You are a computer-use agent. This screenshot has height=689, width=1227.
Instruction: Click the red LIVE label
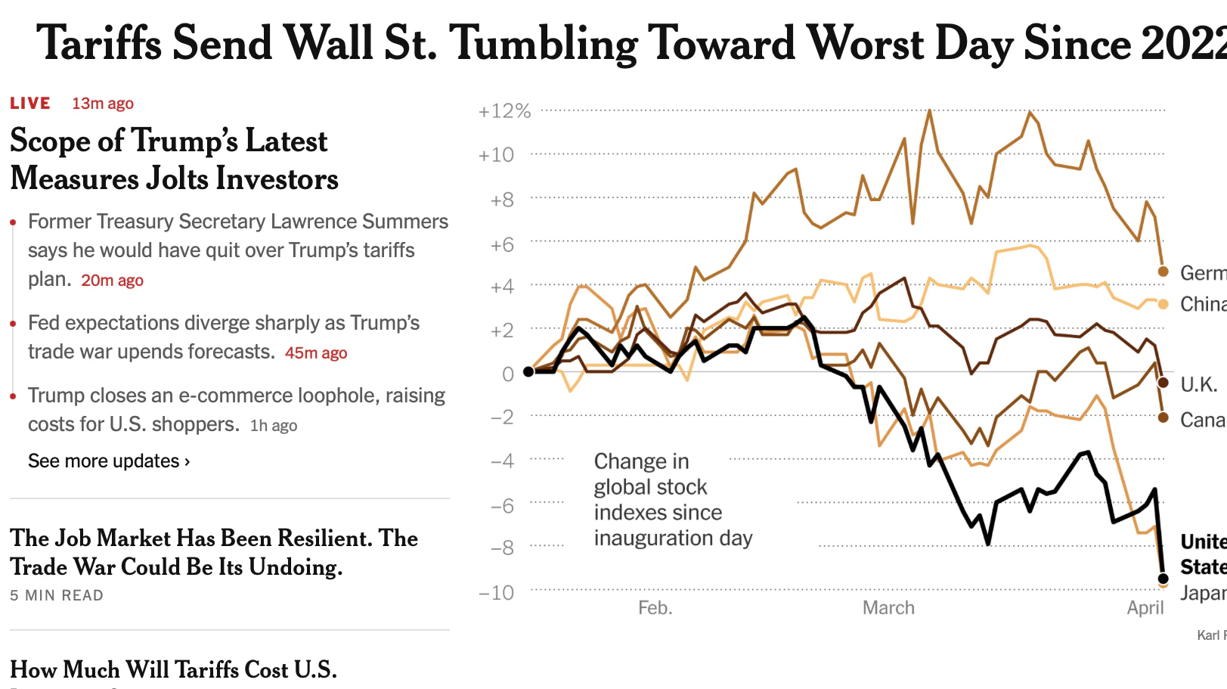coord(30,104)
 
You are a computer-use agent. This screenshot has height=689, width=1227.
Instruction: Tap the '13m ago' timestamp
coord(102,104)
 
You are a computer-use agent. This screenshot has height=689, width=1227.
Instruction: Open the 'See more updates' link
coord(109,461)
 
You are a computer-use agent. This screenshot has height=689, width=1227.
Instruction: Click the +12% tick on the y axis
coord(504,112)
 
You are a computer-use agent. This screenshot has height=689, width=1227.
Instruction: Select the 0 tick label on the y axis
coord(508,374)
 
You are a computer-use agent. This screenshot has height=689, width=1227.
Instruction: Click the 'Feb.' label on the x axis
coord(655,608)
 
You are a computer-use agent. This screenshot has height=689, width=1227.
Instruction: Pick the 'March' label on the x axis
coord(888,608)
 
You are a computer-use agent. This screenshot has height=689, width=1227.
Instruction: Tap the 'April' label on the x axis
coord(1145,608)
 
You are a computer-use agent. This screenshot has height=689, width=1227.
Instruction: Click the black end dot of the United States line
coord(1163,579)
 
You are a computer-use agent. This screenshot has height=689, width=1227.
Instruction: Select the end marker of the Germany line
coord(1163,272)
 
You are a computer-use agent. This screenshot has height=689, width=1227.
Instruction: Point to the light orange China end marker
coord(1163,304)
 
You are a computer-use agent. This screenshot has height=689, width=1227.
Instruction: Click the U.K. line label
coord(1198,385)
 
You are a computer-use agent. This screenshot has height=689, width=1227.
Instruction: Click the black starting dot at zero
coord(528,371)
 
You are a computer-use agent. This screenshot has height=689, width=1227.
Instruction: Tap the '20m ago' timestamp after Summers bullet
coord(112,281)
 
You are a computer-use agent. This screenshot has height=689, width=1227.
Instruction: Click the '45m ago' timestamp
coord(315,353)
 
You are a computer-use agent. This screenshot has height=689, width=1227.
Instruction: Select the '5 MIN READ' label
coord(57,596)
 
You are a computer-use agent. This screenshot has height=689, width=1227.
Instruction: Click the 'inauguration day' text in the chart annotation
coord(673,538)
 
